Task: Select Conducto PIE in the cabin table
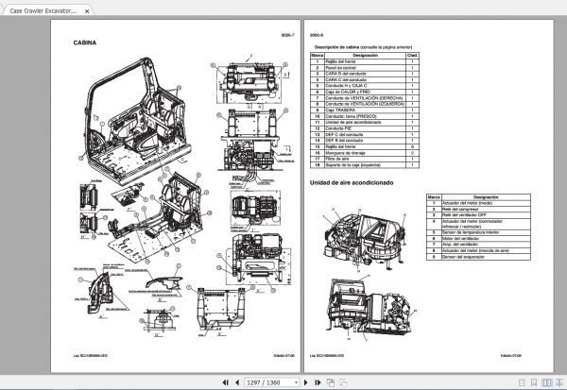point(341,127)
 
